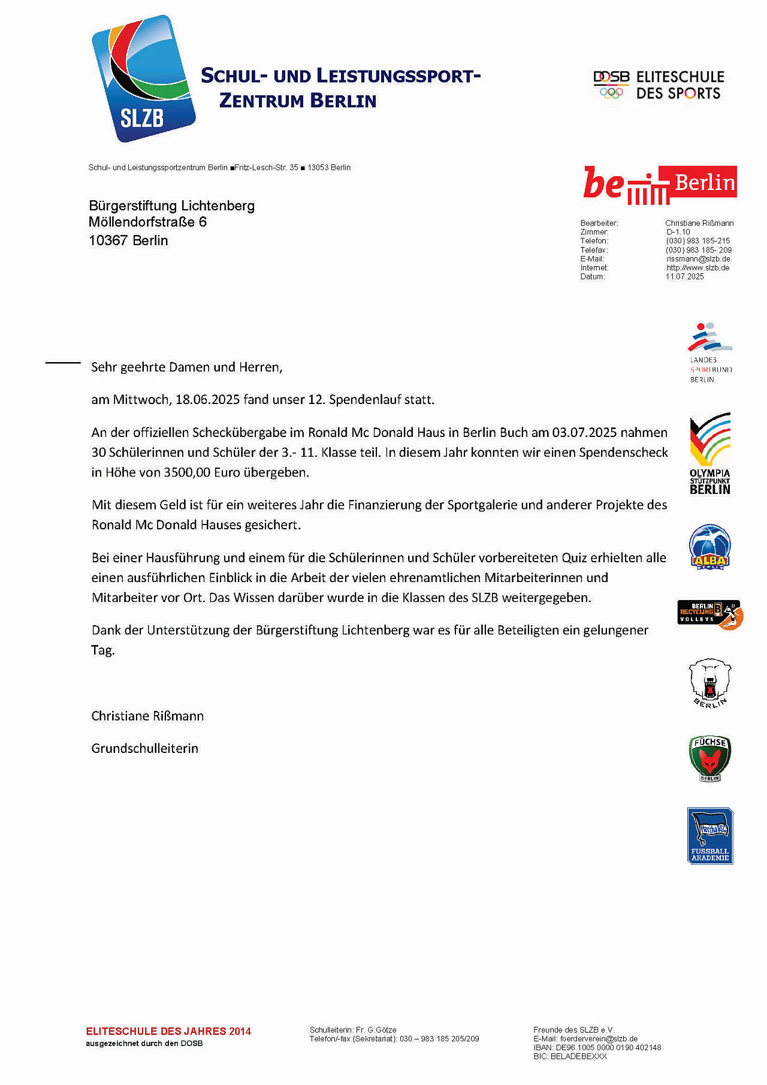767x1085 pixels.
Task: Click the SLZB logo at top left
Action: pos(143,79)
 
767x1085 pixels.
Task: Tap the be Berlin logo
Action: pos(660,184)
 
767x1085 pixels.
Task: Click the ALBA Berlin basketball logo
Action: pos(709,547)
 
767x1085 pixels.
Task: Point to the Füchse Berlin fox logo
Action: pos(709,758)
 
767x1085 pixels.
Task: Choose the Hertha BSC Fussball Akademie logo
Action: pos(710,836)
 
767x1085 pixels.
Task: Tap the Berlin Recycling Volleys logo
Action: pos(710,614)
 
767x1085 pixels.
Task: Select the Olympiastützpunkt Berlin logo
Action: pos(710,454)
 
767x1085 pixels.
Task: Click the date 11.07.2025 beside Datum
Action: pos(684,277)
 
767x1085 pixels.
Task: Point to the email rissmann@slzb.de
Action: pos(698,259)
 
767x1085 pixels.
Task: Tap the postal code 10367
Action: pos(108,241)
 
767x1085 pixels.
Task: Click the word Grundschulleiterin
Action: pos(144,748)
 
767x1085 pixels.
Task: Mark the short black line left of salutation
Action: pos(63,363)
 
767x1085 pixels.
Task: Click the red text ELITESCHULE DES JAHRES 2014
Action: pos(168,1031)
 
